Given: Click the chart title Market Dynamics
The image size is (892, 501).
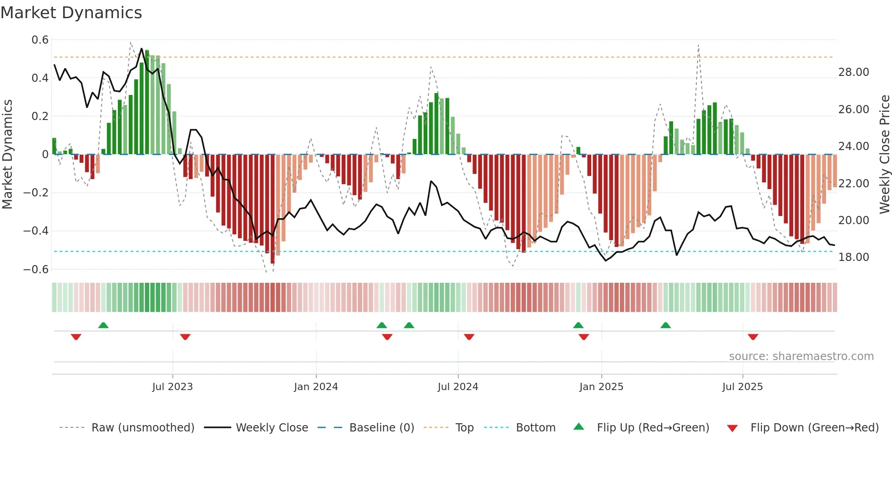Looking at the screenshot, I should pos(71,13).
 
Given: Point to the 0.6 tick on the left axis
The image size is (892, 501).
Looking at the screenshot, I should pos(40,40).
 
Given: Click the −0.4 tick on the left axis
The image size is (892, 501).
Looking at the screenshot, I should pos(36,231).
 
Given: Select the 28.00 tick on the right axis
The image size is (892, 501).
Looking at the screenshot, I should pos(853,72).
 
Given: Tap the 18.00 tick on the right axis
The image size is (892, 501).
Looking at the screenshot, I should pos(853,257).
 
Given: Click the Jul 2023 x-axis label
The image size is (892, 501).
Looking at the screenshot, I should pos(172,387).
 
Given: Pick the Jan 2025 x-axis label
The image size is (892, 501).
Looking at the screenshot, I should pos(601,387).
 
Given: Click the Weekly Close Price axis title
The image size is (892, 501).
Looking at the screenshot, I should pos(884,155).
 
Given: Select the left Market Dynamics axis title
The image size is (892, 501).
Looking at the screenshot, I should pos(7,155).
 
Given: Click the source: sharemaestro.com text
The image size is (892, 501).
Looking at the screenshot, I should pos(801,356).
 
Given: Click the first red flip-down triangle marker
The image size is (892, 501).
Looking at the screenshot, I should pos(76,337).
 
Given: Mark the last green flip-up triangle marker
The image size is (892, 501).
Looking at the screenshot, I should pos(665,325).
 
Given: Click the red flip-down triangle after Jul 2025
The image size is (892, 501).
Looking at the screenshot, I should pos(753,337).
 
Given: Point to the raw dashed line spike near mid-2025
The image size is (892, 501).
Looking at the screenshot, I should pos(699,45).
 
